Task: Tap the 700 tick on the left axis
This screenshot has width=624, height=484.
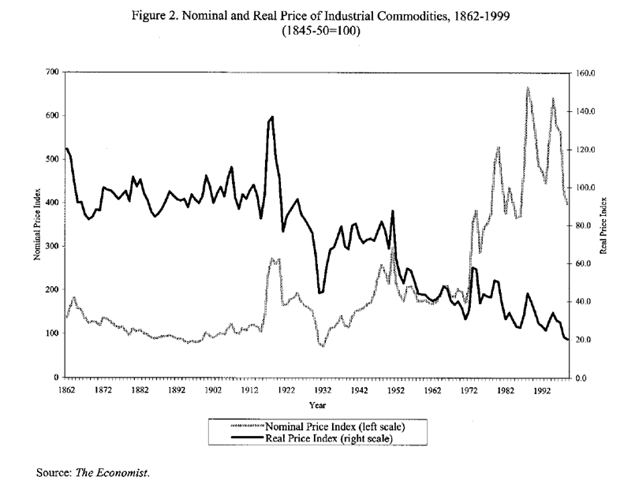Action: tap(53, 72)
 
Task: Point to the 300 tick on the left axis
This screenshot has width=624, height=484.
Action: tap(53, 247)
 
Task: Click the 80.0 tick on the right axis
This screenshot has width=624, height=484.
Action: tap(585, 225)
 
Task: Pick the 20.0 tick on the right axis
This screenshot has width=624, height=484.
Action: tap(585, 340)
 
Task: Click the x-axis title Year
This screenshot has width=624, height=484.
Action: tap(316, 405)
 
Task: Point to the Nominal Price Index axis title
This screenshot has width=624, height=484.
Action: tap(37, 225)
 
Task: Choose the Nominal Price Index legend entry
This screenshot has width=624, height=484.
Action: tap(340, 426)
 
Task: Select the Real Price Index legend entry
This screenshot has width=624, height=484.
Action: tap(332, 437)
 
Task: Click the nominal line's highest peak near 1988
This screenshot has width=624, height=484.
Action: tap(527, 87)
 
